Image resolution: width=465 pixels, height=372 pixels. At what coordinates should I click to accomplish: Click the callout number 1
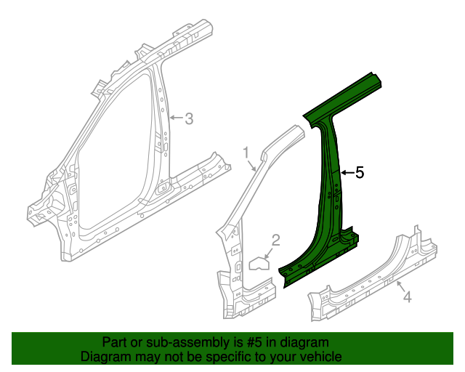[246, 152]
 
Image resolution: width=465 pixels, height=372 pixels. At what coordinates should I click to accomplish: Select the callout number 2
[275, 240]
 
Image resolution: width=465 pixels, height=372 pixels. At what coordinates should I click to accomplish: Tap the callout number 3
[188, 118]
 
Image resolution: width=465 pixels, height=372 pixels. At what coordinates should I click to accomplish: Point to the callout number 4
[407, 296]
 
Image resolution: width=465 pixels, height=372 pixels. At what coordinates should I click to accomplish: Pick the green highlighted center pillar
[331, 189]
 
